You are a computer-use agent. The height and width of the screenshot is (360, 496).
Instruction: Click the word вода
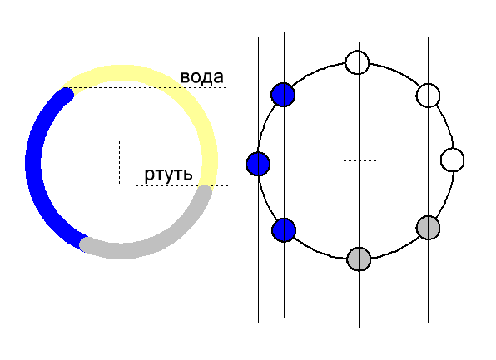coord(202,77)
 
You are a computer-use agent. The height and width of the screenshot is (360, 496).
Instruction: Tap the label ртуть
coord(168,174)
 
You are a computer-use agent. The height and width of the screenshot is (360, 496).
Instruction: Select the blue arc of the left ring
coord(33,165)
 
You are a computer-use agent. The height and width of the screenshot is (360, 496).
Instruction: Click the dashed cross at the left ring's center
coord(119,160)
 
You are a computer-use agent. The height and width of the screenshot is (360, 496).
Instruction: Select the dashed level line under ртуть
coord(181,185)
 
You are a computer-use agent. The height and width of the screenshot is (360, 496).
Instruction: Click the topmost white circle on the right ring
coord(357,62)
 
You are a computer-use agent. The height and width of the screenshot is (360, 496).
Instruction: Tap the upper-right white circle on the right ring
coord(428,96)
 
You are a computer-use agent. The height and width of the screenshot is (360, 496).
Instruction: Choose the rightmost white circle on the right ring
coord(453,160)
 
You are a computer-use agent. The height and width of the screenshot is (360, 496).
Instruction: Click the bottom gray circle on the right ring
coord(359,259)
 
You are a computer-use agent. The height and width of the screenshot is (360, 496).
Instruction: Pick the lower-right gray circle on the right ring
coord(428,228)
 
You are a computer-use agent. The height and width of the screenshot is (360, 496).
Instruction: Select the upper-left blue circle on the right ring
coord(283,95)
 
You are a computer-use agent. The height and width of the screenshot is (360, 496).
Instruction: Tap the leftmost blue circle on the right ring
coord(258,164)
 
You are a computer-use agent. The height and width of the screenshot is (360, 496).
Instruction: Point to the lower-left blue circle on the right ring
coord(284,230)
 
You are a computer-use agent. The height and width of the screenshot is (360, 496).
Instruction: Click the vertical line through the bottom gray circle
coord(359,185)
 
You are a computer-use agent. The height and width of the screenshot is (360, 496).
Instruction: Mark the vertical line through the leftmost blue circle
coord(259,180)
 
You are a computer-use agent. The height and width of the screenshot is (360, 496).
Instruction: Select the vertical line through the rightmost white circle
coord(454,181)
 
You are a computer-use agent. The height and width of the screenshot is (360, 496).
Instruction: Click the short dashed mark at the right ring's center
coord(360,161)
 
